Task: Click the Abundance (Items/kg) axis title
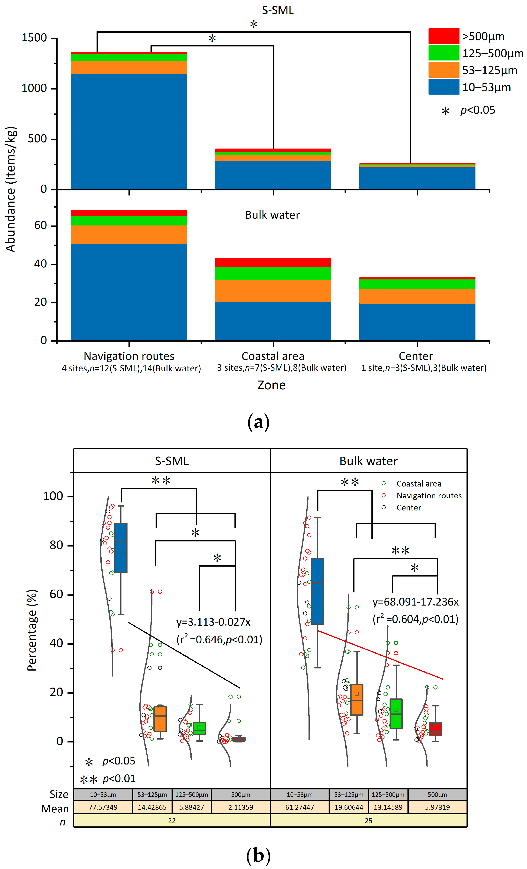point(11,189)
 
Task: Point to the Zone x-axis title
point(271,385)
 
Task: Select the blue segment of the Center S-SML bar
point(417,178)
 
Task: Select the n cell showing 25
point(368,820)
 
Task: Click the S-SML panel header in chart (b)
point(172,461)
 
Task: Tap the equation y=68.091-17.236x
point(415,602)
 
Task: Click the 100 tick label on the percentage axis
point(53,496)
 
